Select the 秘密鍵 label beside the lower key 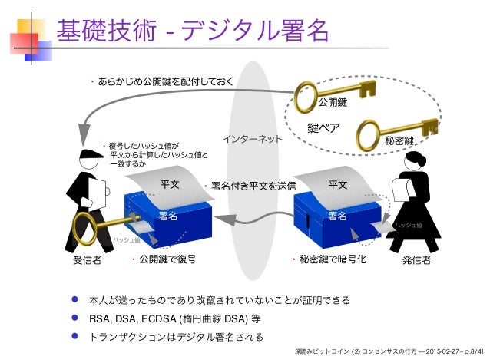(x=399, y=141)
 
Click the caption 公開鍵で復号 (x=167, y=259)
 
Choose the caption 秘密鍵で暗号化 (x=336, y=259)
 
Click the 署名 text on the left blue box (x=168, y=217)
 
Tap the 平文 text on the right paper (x=337, y=185)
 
